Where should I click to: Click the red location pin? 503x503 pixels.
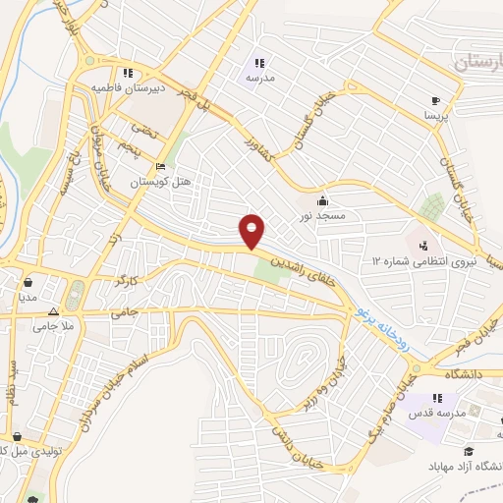(252, 230)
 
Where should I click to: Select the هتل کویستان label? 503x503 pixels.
(163, 182)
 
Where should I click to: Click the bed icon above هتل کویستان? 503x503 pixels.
(162, 166)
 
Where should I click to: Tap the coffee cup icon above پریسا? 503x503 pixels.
(435, 100)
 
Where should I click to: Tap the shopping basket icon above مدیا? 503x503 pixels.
(28, 281)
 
